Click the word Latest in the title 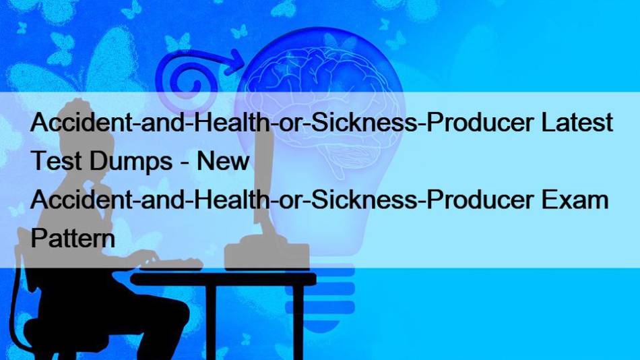577,122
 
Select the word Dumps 131,161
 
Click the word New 223,160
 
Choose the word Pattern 73,238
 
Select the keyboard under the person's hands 171,264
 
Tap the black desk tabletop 223,279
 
